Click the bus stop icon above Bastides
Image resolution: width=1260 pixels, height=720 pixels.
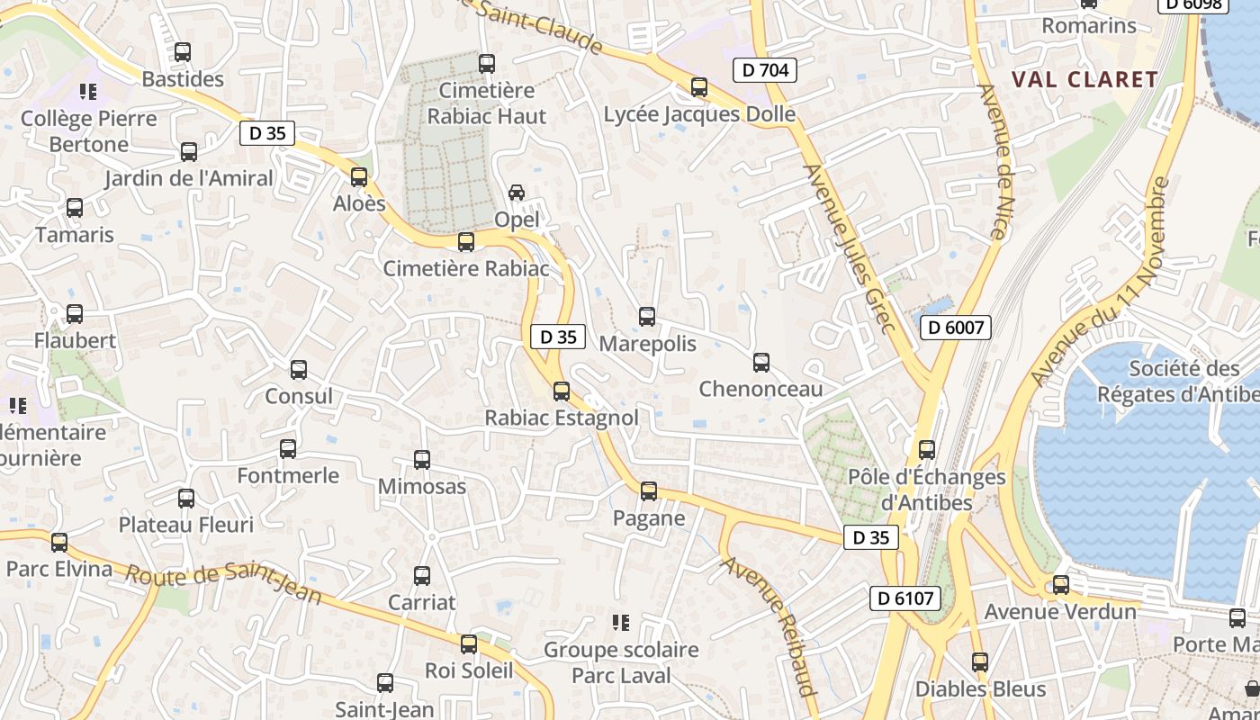coord(183,52)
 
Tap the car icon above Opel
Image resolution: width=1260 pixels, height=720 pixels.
coord(517,193)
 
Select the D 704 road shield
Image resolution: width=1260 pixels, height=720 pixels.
coord(765,69)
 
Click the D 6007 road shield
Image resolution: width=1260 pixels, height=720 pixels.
coord(956,328)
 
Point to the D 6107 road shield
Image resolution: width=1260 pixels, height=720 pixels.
coord(905,598)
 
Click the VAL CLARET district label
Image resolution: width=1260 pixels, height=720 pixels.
coord(1084,79)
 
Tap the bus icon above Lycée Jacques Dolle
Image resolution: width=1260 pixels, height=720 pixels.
coord(699,87)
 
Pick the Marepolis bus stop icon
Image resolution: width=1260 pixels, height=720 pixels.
coord(647,316)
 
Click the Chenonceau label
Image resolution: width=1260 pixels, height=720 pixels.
coord(761,390)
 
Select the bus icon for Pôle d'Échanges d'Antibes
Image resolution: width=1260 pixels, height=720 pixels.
coord(927,449)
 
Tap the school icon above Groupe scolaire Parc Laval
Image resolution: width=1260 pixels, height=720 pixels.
coord(620,622)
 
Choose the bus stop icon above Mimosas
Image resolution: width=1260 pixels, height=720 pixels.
coord(422,460)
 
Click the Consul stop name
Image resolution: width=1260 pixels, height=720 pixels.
coord(299,396)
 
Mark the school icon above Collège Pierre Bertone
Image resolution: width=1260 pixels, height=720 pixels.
coord(88,91)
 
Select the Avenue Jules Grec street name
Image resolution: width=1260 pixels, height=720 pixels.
coord(850,247)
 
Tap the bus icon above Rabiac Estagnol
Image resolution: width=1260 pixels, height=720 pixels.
coord(562,391)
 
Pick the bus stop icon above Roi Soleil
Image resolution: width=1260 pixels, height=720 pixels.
coord(469,643)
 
